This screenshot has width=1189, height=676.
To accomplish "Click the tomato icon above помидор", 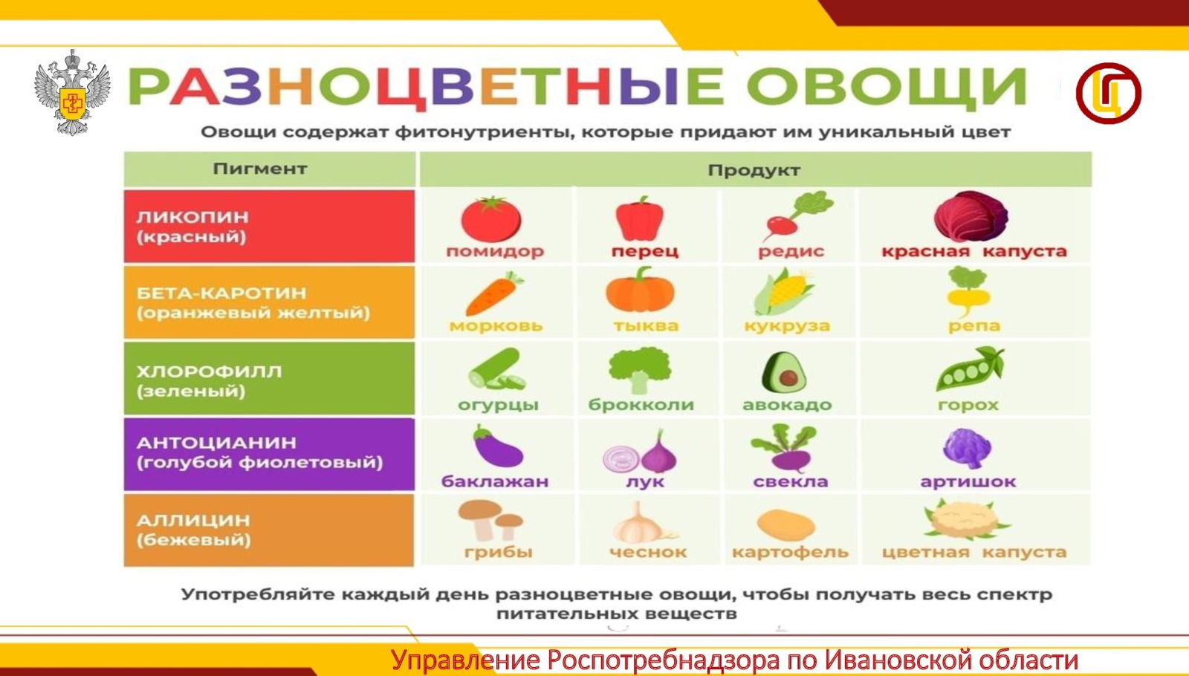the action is [x=491, y=218].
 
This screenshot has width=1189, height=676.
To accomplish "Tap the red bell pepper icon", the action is [x=640, y=218].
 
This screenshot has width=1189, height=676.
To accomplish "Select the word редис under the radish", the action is [x=791, y=251].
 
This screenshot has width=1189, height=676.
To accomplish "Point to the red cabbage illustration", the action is [x=971, y=216].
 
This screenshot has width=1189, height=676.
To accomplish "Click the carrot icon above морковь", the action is [x=494, y=293].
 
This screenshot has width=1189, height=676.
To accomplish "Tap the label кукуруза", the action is [x=787, y=326].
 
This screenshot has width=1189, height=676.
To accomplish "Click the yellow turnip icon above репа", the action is [x=968, y=290].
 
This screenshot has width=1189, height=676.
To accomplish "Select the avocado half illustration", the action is [x=783, y=372].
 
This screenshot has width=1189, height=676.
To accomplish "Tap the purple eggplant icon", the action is [x=497, y=446].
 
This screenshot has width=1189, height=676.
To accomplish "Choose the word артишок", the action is [x=968, y=482].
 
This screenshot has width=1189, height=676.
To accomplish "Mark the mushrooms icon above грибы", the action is [x=490, y=520].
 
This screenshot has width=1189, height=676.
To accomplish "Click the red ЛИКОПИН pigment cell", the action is [x=269, y=226].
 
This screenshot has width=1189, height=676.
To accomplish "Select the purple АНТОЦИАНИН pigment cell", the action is [x=269, y=454].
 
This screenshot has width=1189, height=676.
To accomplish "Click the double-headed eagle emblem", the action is [x=72, y=92].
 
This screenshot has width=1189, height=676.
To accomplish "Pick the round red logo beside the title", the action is [x=1108, y=94].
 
